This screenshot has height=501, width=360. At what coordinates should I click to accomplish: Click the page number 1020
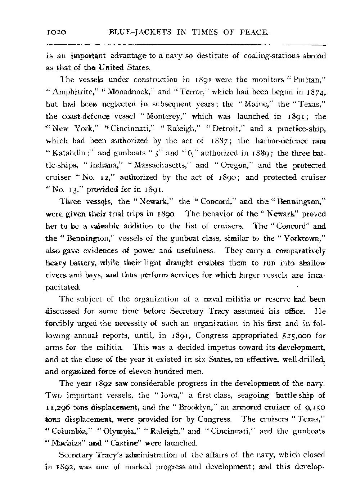point(55,33)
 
